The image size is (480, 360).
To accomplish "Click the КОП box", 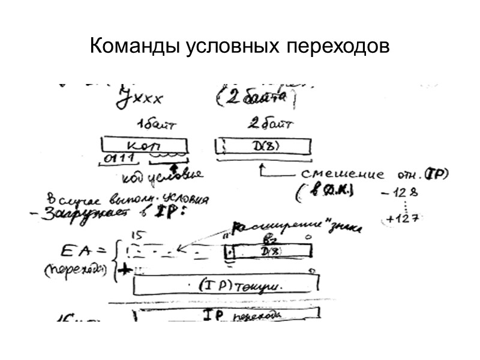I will point(144,145).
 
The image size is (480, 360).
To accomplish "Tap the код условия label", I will point(162,176).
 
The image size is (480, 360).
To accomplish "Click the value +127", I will point(399,219).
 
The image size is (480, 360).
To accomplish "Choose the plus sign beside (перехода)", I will point(125,271).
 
